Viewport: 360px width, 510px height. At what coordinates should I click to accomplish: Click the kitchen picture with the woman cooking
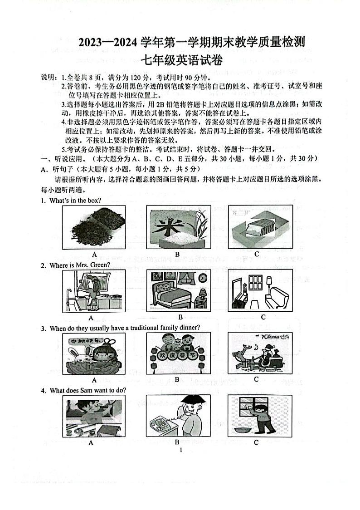point(93,290)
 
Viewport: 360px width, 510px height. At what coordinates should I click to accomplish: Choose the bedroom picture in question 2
point(178,290)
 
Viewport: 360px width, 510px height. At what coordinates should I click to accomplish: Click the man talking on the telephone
point(178,416)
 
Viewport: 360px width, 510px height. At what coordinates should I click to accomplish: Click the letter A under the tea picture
point(94,254)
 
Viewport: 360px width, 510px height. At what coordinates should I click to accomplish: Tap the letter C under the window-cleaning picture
point(256,442)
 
